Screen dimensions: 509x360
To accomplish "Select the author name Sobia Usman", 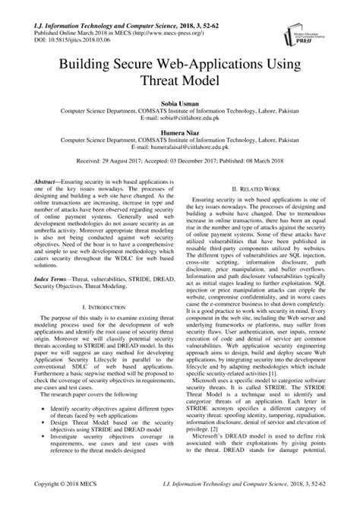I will [179, 100].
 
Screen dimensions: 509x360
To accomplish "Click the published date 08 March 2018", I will [267, 162].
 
